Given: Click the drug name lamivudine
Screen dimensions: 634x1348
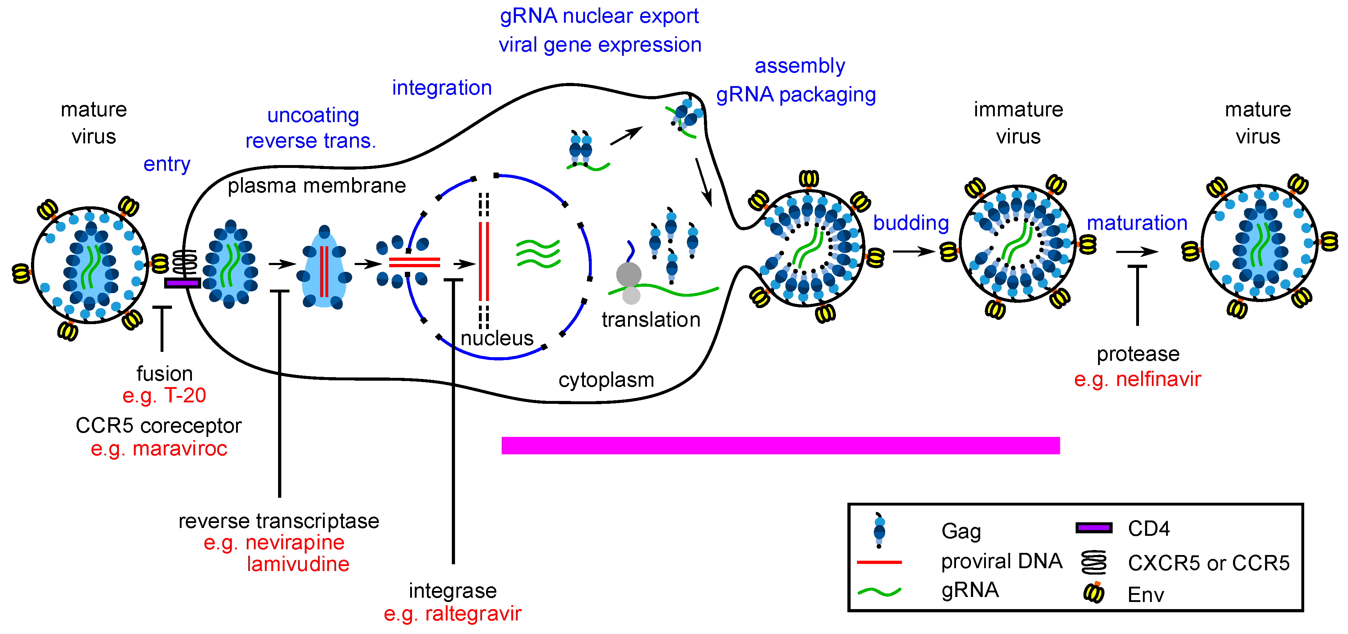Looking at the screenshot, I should coord(298,564).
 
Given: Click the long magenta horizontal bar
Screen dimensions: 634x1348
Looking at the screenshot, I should coord(780,445).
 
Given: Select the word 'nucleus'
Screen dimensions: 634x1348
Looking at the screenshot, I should coord(497,338).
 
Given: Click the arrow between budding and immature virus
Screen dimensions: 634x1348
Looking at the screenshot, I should coord(913,252).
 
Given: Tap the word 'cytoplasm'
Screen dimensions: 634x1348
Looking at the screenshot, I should coord(606,380).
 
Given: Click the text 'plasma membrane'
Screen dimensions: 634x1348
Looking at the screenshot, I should coord(317,186).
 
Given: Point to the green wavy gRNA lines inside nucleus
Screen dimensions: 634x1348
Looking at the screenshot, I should coord(538,254).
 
